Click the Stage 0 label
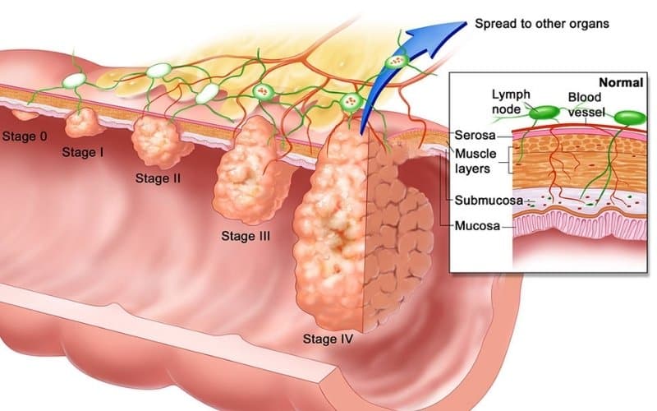(25, 136)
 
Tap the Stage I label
(83, 152)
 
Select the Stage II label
(158, 178)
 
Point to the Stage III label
(246, 236)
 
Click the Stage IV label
(328, 339)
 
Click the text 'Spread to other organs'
(542, 24)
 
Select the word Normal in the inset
(621, 83)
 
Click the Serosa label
(475, 135)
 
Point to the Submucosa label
(489, 201)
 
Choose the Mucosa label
(477, 226)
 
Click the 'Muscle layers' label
(476, 161)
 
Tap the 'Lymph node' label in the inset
(511, 102)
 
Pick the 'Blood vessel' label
(586, 104)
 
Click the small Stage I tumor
(84, 122)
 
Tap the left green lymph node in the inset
(544, 113)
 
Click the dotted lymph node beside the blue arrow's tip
(396, 62)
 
